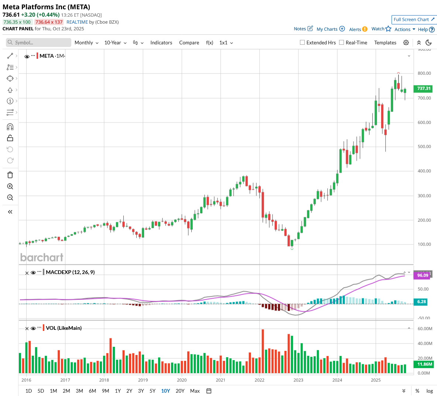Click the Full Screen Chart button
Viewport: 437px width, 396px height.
(414, 20)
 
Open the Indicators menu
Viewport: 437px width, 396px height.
(161, 43)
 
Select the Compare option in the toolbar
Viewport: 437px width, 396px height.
(189, 43)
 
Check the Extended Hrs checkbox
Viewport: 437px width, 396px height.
(303, 43)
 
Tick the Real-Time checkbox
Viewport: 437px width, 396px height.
(342, 43)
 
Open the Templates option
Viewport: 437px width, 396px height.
(385, 43)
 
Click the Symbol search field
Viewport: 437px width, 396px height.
(39, 43)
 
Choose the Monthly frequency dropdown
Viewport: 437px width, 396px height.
(86, 43)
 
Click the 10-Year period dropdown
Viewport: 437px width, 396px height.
(115, 43)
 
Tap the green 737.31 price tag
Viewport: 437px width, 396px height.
(424, 89)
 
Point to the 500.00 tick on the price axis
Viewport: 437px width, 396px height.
(424, 147)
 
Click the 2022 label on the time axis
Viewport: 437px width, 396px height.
(259, 380)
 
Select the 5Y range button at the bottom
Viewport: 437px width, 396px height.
(153, 391)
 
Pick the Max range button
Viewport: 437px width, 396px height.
(195, 391)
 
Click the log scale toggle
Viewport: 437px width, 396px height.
(430, 391)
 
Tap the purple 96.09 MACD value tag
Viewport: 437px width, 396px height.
(423, 275)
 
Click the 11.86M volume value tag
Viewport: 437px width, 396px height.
(424, 364)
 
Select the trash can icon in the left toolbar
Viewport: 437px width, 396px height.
(10, 175)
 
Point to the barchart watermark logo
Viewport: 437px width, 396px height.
(42, 257)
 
